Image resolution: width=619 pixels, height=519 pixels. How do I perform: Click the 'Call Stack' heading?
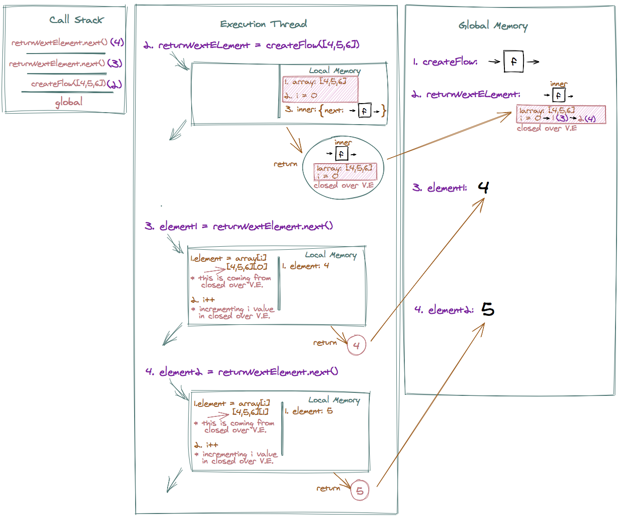(x=76, y=20)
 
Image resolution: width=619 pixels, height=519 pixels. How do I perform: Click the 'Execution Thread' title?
(x=263, y=24)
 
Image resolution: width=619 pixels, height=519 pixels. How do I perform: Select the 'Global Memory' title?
(x=493, y=26)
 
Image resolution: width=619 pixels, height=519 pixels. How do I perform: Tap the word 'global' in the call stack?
(x=69, y=102)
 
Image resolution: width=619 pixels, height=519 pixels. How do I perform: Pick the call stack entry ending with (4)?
(x=67, y=43)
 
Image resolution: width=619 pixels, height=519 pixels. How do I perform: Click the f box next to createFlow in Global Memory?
(x=513, y=62)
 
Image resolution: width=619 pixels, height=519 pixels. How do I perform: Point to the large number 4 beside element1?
(x=483, y=187)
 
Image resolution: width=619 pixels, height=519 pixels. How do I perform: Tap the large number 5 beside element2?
(x=487, y=309)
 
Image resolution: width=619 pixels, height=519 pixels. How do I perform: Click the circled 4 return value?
(x=356, y=345)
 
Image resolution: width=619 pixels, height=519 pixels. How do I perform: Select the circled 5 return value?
(x=360, y=491)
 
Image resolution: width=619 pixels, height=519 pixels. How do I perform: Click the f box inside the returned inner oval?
(x=341, y=154)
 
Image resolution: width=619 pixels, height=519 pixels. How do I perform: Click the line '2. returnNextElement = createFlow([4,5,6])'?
(x=251, y=45)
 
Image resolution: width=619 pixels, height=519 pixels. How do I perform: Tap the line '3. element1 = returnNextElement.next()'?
(x=239, y=226)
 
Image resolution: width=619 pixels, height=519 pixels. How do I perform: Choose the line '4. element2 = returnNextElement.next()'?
(x=242, y=372)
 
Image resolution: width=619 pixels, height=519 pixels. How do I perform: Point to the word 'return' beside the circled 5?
(x=328, y=488)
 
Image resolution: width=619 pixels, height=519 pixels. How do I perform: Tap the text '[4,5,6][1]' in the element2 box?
(x=250, y=412)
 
